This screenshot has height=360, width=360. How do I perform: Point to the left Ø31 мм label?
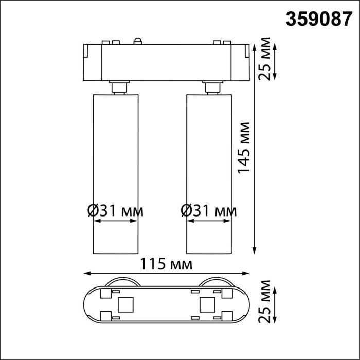tap(116, 210)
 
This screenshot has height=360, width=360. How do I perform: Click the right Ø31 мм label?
tap(209, 210)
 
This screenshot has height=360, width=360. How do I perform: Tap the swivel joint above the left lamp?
tap(119, 87)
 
